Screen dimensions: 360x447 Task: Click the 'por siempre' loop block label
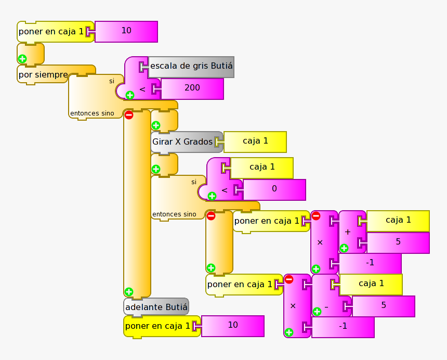[43, 75]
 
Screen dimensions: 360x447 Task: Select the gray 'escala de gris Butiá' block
[191, 67]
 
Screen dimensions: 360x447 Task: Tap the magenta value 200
[192, 88]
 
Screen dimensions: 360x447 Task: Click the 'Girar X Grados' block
[182, 142]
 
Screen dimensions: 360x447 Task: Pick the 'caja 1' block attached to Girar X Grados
[255, 141]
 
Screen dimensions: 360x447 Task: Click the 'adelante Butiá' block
[156, 307]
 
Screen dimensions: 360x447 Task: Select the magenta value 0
[274, 189]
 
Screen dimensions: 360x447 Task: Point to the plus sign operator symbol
[348, 232]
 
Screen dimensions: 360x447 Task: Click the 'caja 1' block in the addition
[398, 220]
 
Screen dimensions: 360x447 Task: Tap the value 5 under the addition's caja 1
[398, 242]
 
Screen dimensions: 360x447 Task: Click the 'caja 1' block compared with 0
[262, 167]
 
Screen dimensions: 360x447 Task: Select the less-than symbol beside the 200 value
[142, 89]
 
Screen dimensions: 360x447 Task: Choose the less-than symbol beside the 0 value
[224, 190]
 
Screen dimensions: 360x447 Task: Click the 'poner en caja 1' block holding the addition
[267, 221]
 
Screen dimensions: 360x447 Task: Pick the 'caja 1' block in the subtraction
[371, 284]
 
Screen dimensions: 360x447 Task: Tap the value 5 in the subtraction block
[384, 305]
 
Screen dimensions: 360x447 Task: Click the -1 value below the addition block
[370, 263]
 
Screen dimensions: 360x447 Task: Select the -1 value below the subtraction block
[343, 327]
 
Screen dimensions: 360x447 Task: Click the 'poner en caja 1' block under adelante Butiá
[157, 326]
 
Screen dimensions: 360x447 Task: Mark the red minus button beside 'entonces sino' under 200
[129, 115]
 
